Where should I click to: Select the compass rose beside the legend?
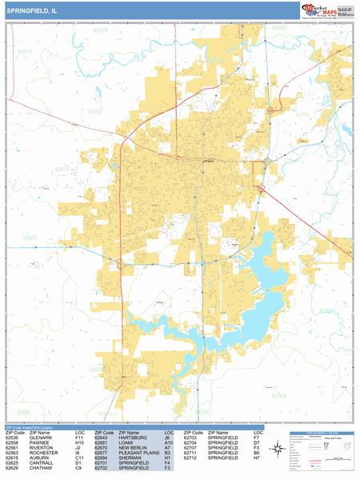click(x=277, y=450)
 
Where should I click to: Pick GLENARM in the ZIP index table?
click(x=38, y=438)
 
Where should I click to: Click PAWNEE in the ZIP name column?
click(x=38, y=443)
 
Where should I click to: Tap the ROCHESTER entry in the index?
click(x=42, y=453)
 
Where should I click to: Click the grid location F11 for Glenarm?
click(x=79, y=438)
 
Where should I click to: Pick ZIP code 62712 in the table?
click(x=190, y=458)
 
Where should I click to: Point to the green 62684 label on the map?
click(x=279, y=27)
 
